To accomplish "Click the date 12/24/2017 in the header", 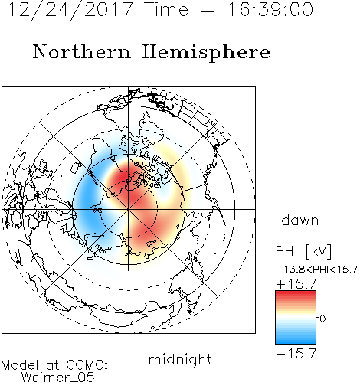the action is pos(70,10).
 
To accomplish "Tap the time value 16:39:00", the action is pos(270,10).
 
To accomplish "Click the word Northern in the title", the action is pos(82,52).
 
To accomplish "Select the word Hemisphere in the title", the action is pos(206,53).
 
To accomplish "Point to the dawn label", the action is pos(300,220).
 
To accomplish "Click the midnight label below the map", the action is pos(180,360).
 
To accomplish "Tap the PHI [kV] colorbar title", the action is pos(304,251).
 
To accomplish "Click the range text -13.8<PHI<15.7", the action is pos(316,270).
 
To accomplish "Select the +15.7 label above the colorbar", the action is pos(296,284).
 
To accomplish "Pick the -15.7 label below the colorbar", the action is pos(296,354).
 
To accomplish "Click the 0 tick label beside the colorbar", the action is pos(322,319).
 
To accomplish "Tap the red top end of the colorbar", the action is pos(296,293).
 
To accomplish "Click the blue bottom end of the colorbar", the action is pos(296,342).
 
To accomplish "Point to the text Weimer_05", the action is pos(58,378).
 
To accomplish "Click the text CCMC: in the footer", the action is pos(87,365).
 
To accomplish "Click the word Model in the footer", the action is pos(21,365).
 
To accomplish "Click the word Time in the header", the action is pos(166,10).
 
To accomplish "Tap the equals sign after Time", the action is pos(208,10).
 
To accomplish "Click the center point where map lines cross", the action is pos(129,209).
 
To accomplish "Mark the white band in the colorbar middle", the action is pos(296,318).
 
